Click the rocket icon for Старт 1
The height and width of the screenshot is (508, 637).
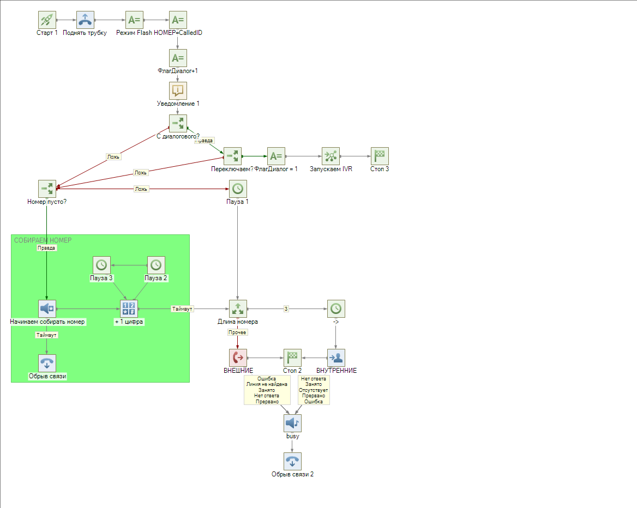click(47, 20)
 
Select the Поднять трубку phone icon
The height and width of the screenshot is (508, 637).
click(85, 20)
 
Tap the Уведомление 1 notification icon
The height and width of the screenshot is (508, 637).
click(178, 90)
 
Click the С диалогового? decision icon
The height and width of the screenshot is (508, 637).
click(178, 123)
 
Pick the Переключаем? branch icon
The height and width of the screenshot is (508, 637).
click(232, 156)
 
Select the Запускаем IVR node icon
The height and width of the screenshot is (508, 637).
click(330, 156)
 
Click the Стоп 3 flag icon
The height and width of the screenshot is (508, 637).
click(380, 156)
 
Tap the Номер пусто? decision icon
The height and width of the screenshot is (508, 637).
click(47, 189)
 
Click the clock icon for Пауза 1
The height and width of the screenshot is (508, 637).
click(238, 189)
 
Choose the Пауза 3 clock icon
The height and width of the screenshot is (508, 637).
click(101, 265)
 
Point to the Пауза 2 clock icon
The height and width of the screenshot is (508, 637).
click(156, 265)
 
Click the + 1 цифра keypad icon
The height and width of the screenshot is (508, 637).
click(129, 309)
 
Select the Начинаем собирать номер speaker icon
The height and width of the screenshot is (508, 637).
click(47, 309)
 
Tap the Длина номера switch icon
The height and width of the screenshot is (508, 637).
click(238, 309)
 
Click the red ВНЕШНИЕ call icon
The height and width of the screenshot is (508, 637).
click(238, 358)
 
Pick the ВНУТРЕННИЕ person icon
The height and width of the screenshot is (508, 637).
click(336, 358)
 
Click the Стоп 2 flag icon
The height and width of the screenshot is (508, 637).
click(292, 358)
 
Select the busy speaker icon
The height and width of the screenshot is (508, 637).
click(292, 423)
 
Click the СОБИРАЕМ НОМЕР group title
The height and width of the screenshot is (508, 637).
click(43, 240)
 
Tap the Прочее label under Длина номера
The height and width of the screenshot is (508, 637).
click(237, 332)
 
